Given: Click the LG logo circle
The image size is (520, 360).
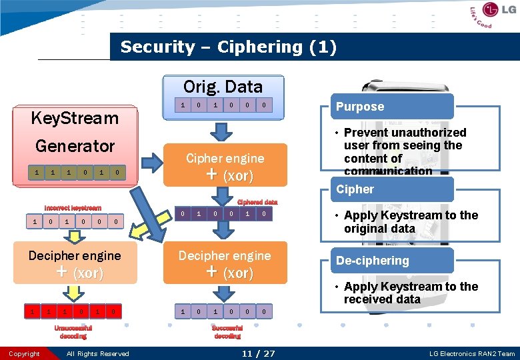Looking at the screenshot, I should pyautogui.click(x=491, y=10).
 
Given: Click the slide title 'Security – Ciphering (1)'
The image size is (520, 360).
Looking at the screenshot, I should pyautogui.click(x=228, y=47).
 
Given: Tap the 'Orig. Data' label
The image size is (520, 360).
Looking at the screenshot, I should pyautogui.click(x=223, y=87).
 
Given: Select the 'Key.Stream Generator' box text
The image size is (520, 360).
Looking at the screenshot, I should pyautogui.click(x=75, y=132).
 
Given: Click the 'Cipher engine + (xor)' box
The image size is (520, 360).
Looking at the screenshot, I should pyautogui.click(x=225, y=167).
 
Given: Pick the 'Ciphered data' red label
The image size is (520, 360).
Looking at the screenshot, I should pyautogui.click(x=257, y=202).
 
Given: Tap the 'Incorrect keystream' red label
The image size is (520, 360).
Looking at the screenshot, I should pyautogui.click(x=73, y=208).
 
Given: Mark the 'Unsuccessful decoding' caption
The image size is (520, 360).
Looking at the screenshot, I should pyautogui.click(x=73, y=332).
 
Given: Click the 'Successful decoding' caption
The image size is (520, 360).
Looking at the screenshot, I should pyautogui.click(x=227, y=332).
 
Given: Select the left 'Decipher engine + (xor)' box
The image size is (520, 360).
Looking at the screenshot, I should pyautogui.click(x=75, y=264).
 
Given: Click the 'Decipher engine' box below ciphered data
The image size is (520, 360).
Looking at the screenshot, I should pyautogui.click(x=225, y=264).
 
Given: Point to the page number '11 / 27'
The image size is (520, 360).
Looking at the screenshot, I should pyautogui.click(x=259, y=353).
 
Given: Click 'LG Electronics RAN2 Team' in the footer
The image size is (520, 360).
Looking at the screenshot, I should pyautogui.click(x=471, y=354).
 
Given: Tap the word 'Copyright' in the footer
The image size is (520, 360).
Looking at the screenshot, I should pyautogui.click(x=25, y=354).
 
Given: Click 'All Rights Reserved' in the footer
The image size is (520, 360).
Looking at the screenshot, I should pyautogui.click(x=97, y=354).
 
